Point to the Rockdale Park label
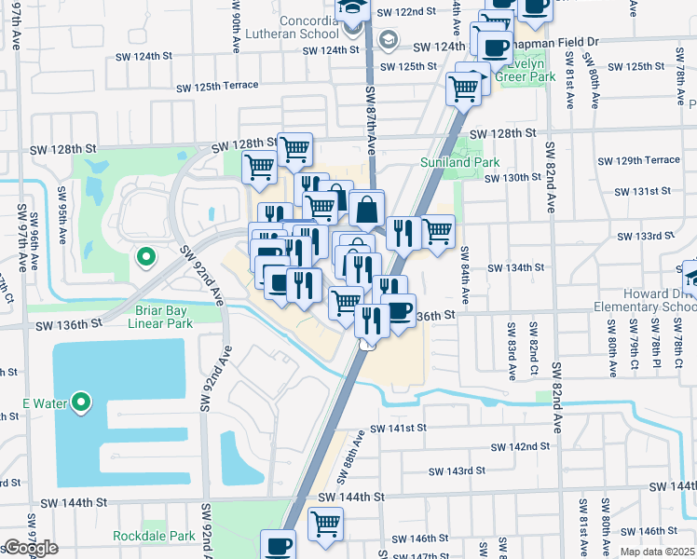click(154, 536)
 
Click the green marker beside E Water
click(82, 402)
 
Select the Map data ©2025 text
click(657, 552)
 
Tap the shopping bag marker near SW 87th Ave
click(367, 209)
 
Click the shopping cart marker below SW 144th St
click(325, 524)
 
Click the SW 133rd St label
click(642, 236)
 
